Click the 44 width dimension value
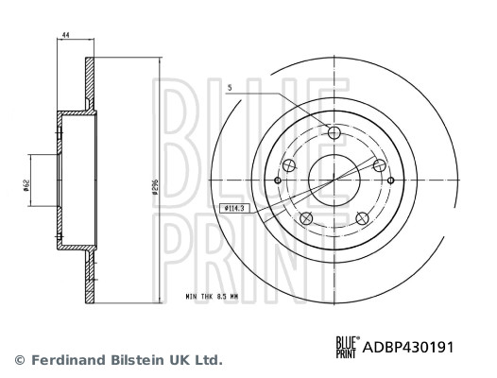66,35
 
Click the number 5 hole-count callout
229,88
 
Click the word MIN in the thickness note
193,298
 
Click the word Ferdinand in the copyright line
68,360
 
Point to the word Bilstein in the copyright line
139,360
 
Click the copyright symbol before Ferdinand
19,360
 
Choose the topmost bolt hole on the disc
334,132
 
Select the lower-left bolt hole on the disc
305,219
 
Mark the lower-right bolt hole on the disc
364,219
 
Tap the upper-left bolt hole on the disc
289,166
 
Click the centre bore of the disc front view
334,178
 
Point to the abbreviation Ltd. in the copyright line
210,360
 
